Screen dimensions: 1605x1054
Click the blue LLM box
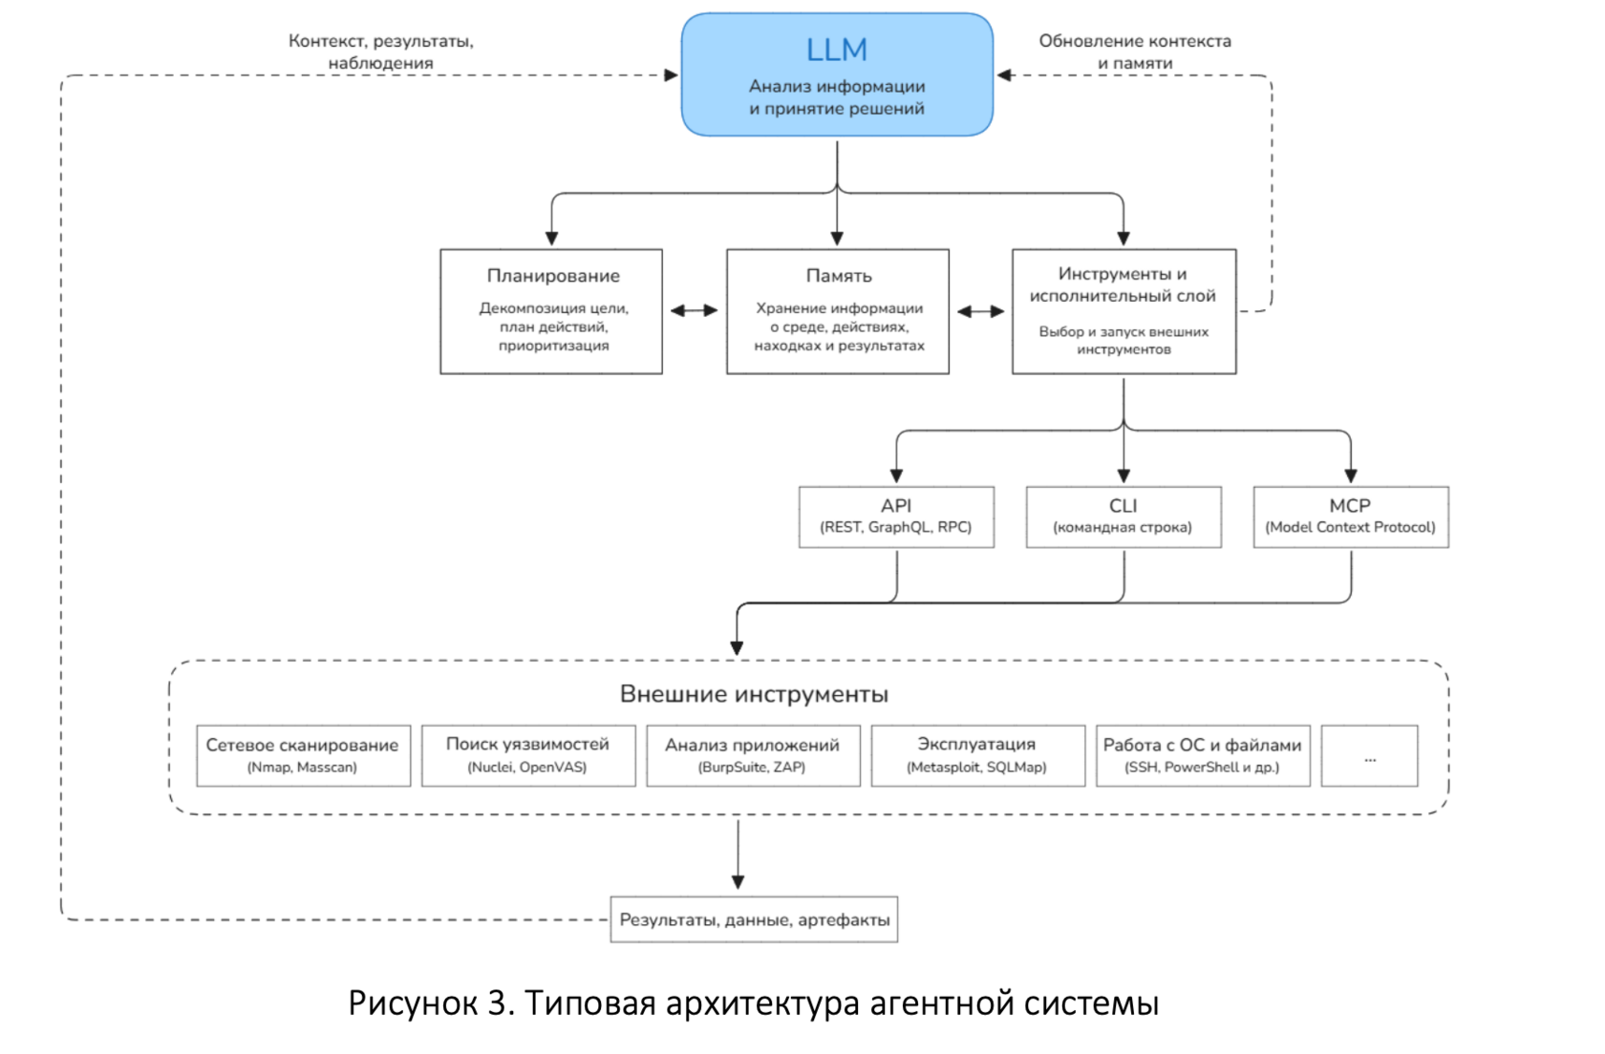(x=837, y=74)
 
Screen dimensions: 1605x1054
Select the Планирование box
(x=551, y=311)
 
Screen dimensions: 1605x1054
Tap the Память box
(x=838, y=311)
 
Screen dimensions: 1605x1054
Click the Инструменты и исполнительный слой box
(x=1123, y=311)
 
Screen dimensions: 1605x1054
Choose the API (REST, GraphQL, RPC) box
(x=896, y=517)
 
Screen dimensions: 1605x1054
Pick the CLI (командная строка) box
(x=1123, y=517)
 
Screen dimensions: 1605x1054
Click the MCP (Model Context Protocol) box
(x=1351, y=517)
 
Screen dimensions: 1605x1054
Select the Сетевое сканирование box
(x=304, y=755)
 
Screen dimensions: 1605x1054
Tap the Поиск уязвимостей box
(x=528, y=755)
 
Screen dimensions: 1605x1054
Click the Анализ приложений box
(x=753, y=755)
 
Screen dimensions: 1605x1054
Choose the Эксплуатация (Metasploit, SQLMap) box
(x=978, y=755)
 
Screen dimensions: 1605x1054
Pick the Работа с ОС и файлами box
(x=1203, y=755)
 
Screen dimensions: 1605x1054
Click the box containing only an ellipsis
(x=1369, y=755)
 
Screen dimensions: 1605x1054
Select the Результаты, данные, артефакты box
(x=754, y=919)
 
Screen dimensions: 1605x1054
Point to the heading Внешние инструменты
(x=754, y=694)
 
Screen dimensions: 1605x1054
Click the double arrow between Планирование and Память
(x=695, y=310)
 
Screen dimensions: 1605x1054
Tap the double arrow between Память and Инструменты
(x=981, y=311)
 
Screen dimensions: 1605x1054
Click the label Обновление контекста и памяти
(x=1135, y=52)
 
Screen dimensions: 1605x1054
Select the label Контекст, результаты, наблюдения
(x=381, y=52)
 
